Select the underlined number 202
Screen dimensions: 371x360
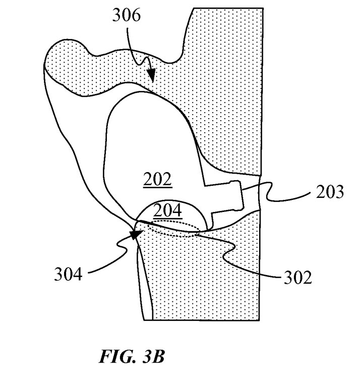click(157, 179)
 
